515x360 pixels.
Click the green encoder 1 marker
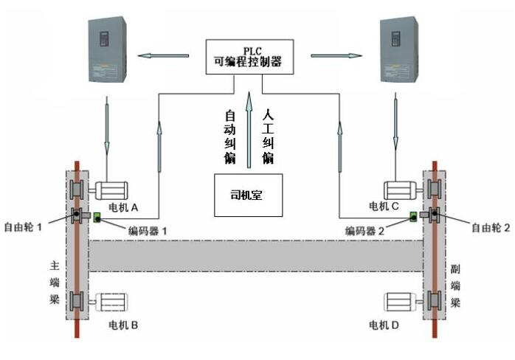(97, 217)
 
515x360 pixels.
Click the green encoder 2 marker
(414, 217)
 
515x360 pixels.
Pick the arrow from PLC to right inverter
(337, 55)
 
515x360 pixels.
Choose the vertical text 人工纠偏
(269, 136)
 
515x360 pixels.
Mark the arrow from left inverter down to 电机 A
(106, 128)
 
